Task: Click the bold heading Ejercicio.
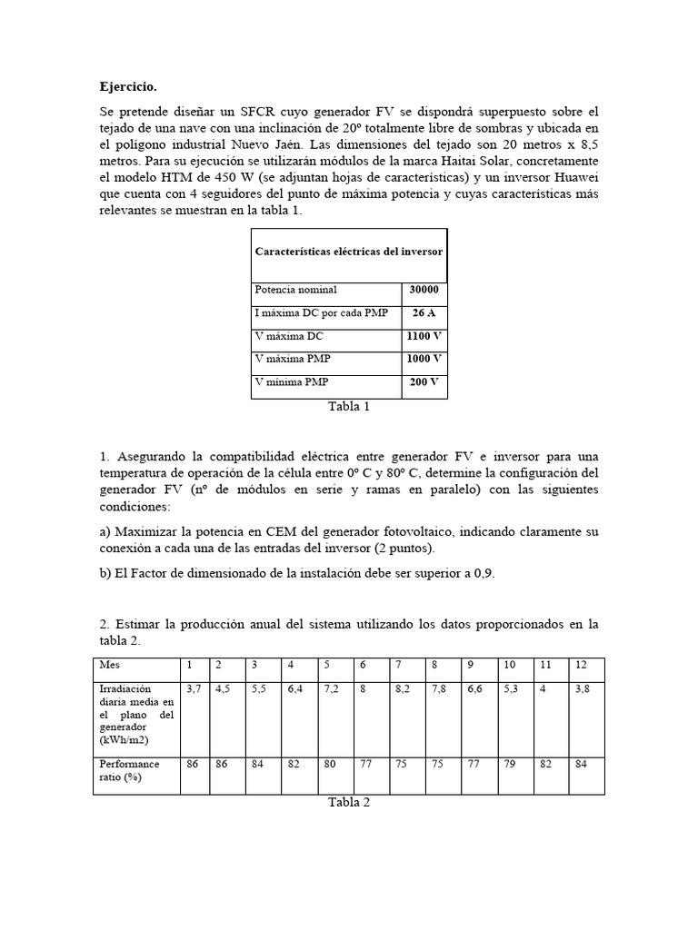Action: pos(128,87)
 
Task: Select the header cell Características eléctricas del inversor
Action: pos(349,252)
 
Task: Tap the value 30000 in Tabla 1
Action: pos(424,291)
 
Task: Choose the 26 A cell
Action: pos(424,313)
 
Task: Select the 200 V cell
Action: pos(424,382)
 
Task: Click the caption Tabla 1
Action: pos(349,407)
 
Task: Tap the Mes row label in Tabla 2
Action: pos(109,666)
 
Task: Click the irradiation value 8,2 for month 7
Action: pos(402,690)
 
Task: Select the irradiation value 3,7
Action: pos(194,690)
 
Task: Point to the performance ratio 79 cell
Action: pos(509,764)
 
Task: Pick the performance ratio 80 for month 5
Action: pos(331,764)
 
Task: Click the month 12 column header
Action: pos(582,666)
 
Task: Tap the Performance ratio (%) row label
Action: pos(129,770)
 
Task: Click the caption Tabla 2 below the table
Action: pos(349,803)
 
